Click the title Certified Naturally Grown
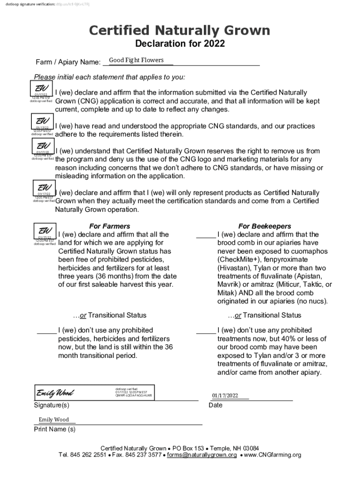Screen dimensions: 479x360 (x=180, y=31)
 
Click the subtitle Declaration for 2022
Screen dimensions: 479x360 (x=180, y=44)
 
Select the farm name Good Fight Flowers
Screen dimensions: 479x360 (x=136, y=60)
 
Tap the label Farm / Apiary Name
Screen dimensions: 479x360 (x=68, y=62)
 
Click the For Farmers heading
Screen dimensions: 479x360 (x=109, y=226)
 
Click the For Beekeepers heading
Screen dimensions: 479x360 (x=265, y=226)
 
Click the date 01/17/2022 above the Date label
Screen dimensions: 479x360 (x=225, y=395)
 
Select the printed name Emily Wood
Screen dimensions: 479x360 (x=54, y=420)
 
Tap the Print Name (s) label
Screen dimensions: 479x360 (x=55, y=429)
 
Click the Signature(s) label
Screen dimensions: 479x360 (x=51, y=405)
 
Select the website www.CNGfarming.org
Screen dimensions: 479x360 (x=272, y=455)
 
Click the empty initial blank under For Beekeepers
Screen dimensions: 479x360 (x=206, y=235)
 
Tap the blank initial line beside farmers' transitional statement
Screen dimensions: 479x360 (x=47, y=331)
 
